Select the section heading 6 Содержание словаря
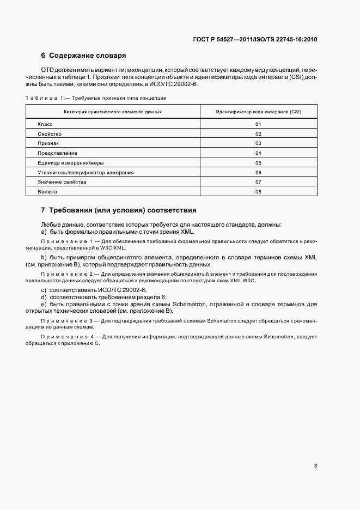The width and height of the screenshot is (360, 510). click(x=84, y=56)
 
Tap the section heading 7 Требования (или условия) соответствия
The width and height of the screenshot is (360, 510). click(x=119, y=210)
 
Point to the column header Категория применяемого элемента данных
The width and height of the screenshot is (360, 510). click(x=113, y=112)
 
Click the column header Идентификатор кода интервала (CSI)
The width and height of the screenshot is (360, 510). click(x=258, y=112)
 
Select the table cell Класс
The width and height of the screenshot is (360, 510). click(x=45, y=124)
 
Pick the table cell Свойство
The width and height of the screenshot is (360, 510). click(x=50, y=134)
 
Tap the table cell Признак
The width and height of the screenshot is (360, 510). click(x=48, y=143)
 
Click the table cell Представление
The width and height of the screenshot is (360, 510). click(x=57, y=153)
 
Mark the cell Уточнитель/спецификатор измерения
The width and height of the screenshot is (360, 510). click(x=86, y=172)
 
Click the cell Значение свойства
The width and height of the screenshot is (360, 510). click(x=62, y=181)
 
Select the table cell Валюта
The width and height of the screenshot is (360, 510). click(x=47, y=191)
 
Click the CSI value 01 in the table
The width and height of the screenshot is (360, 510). click(x=258, y=124)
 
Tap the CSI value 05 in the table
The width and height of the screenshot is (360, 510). click(x=258, y=162)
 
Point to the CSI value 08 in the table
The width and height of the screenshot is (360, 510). click(x=258, y=191)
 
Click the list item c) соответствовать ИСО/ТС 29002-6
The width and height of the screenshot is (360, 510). click(x=91, y=290)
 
